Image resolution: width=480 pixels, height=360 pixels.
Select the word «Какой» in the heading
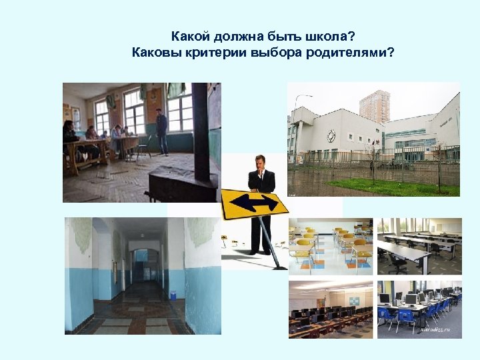pyautogui.click(x=190, y=35)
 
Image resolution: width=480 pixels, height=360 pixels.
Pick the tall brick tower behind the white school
pyautogui.click(x=374, y=106)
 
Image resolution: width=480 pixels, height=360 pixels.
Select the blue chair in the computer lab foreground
pyautogui.click(x=388, y=316)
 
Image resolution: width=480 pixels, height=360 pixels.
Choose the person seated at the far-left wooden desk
pyautogui.click(x=69, y=137)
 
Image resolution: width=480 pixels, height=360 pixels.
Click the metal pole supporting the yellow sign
pyautogui.click(x=270, y=243)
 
